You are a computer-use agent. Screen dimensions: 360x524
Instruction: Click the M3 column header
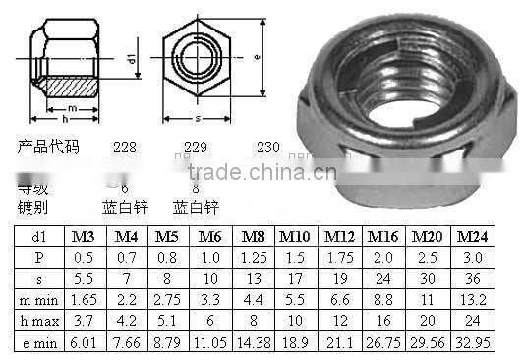[82, 238]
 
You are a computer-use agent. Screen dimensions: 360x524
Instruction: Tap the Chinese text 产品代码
[48, 148]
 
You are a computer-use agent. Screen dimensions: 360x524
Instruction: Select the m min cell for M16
[382, 300]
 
